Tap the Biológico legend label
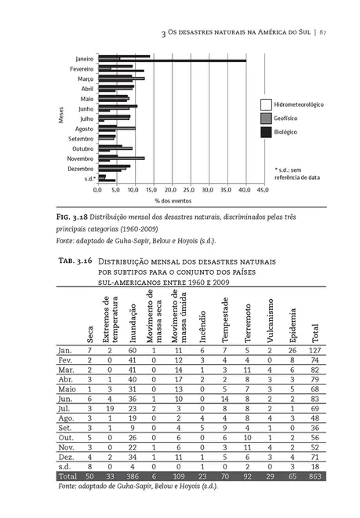285,132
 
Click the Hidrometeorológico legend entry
298,104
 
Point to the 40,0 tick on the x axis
245,189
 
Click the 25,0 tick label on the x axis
190,189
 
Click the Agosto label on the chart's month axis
84,128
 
